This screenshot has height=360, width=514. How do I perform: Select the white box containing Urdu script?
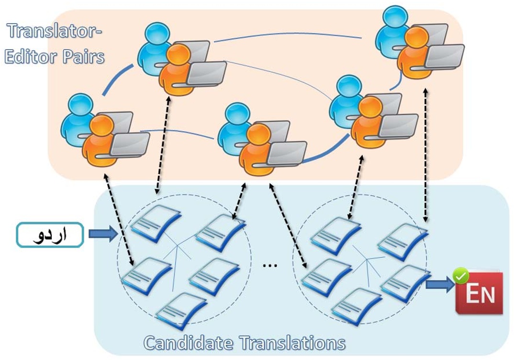(x=50, y=235)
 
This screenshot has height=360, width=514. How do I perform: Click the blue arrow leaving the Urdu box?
(x=102, y=234)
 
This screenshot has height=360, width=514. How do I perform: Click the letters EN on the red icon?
(x=480, y=294)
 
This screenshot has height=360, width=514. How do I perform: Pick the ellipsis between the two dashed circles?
(x=270, y=265)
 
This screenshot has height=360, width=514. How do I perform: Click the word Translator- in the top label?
(x=56, y=32)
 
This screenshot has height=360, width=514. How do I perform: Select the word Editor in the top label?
(x=31, y=56)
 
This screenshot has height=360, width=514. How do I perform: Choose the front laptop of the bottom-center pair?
(x=286, y=153)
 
